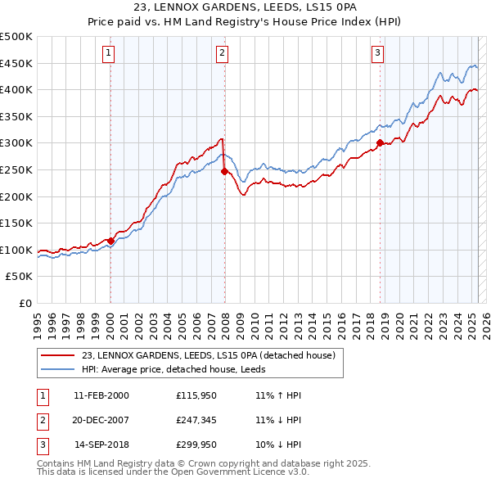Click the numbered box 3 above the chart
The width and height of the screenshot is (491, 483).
click(x=378, y=54)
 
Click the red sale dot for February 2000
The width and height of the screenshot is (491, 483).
click(x=110, y=241)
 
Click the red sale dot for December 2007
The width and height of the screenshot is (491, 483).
click(x=224, y=171)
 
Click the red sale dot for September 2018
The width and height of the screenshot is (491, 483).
click(x=380, y=143)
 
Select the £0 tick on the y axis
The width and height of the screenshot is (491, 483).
click(x=25, y=303)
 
